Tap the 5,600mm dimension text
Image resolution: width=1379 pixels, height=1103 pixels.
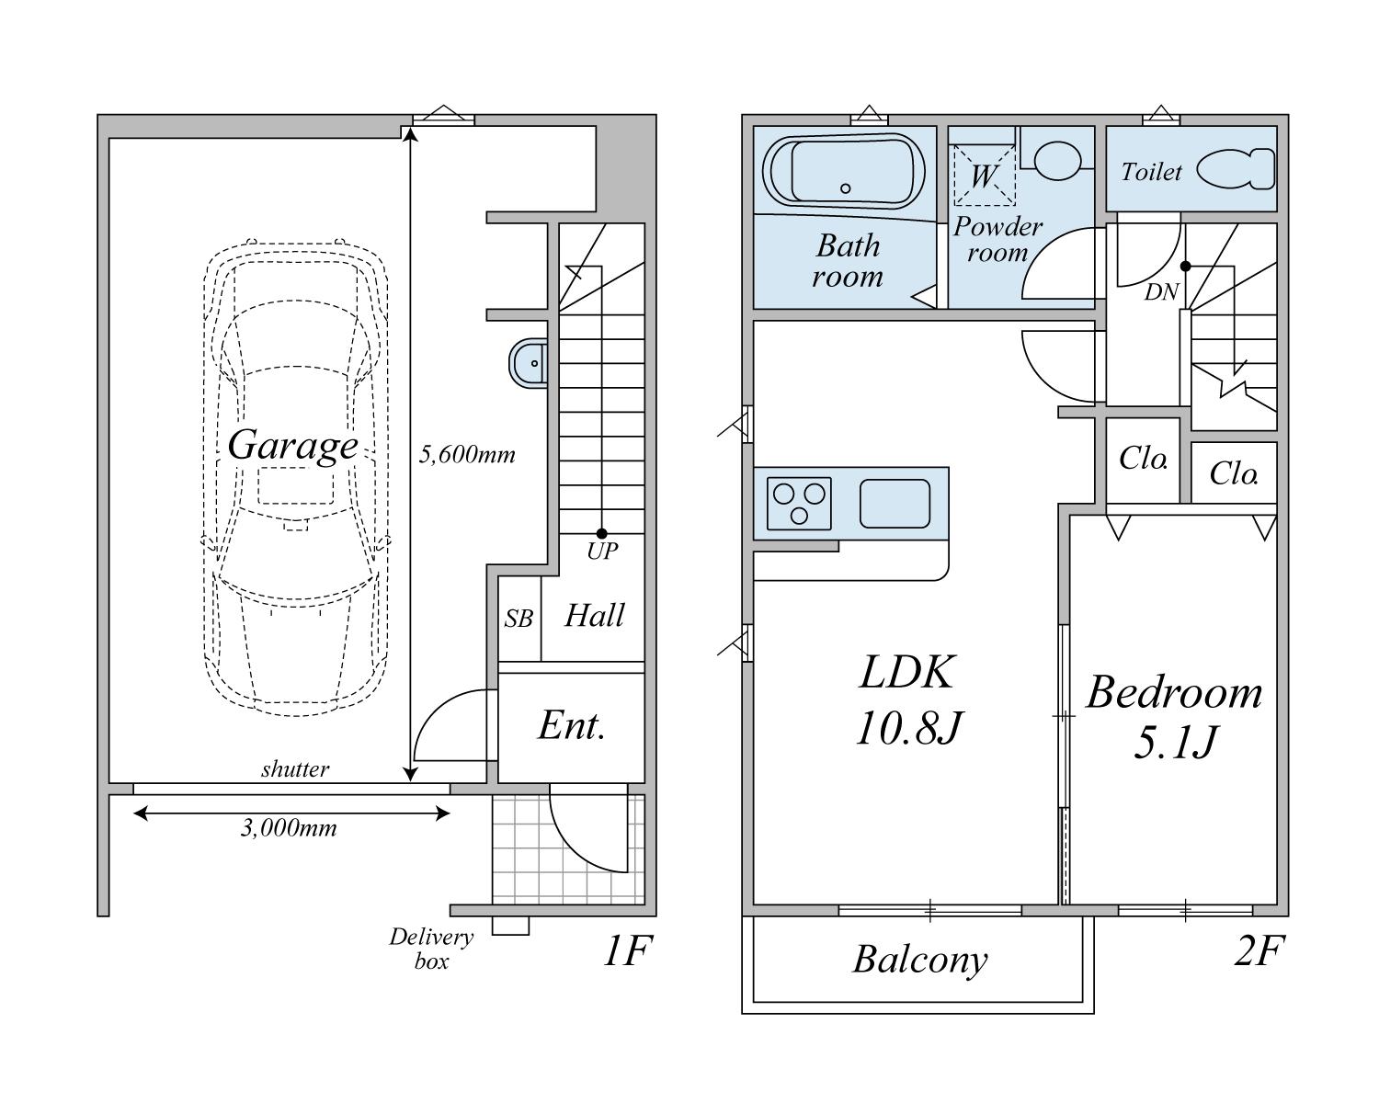(466, 454)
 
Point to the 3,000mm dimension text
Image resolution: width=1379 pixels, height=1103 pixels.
(289, 828)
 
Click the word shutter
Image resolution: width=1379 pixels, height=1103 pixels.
(295, 769)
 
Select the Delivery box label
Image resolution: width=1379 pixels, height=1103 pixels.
(431, 949)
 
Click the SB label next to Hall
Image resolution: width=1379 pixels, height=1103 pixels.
(519, 619)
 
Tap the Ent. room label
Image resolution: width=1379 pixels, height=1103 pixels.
(571, 725)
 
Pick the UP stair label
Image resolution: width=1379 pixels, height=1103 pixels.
(602, 551)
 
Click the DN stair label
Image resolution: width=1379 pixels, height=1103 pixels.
(1161, 292)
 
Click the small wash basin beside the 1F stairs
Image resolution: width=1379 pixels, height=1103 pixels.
(529, 363)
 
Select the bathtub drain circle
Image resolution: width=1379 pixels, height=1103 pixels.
(845, 188)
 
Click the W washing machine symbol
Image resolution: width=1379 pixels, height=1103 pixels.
(985, 175)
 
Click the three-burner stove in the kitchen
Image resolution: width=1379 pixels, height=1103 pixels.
(799, 503)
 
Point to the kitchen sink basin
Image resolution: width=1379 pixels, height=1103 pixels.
(895, 503)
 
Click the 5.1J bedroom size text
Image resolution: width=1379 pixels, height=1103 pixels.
(1175, 743)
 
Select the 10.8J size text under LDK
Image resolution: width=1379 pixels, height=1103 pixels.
(908, 728)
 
